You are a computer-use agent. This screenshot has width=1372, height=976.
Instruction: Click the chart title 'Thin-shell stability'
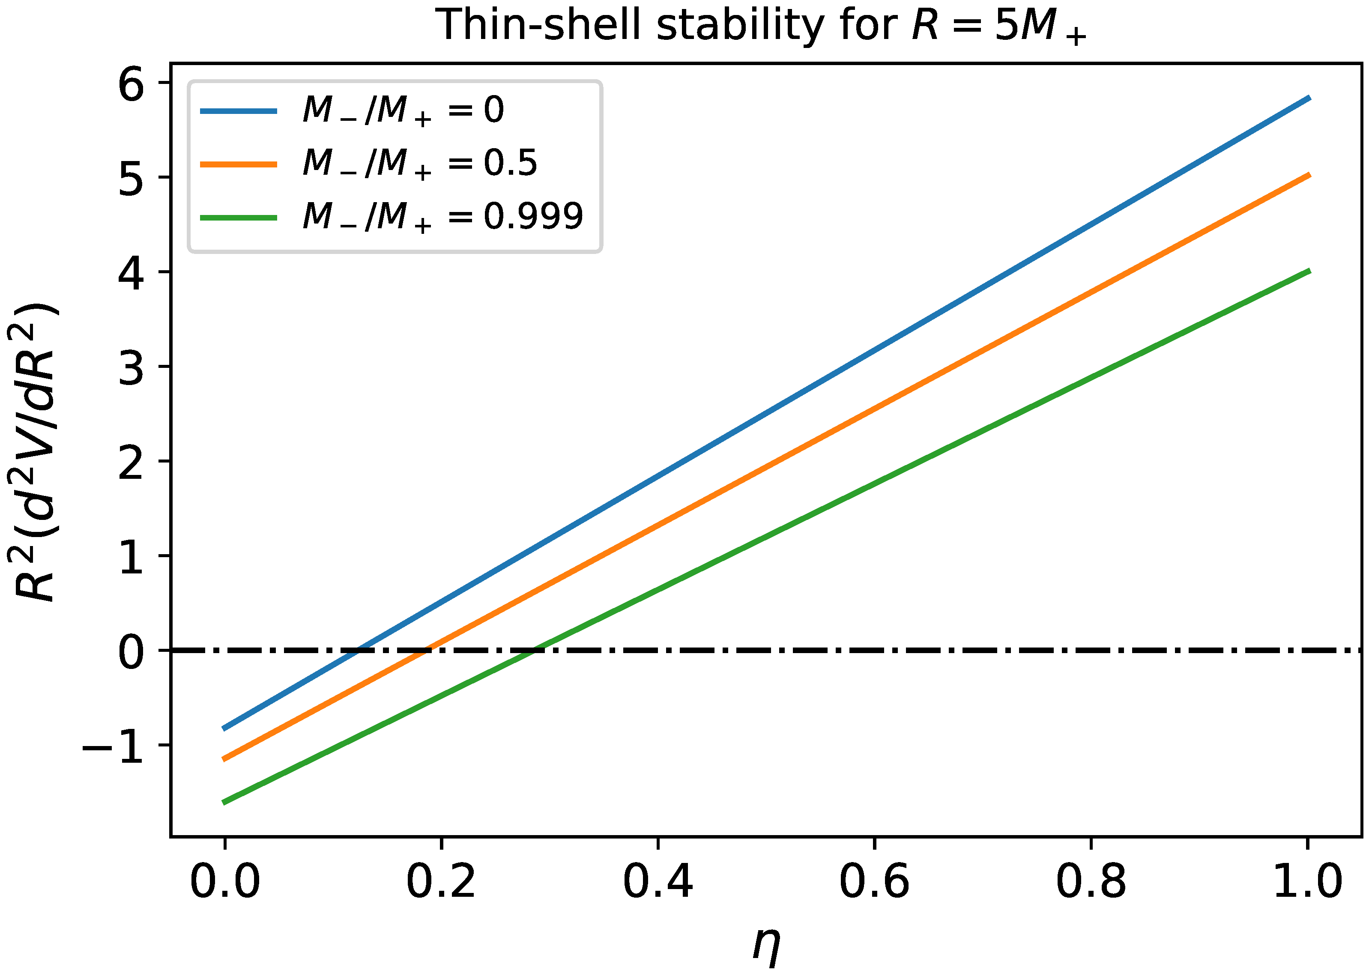tap(763, 25)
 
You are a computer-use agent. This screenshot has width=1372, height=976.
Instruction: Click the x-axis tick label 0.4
tap(658, 882)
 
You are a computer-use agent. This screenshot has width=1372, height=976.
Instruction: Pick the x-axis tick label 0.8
tap(1091, 882)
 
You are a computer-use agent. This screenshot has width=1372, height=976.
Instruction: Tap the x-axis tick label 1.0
tap(1307, 882)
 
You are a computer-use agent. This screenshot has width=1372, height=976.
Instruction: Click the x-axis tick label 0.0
tap(225, 882)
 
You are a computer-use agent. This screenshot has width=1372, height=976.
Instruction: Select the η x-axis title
tap(766, 943)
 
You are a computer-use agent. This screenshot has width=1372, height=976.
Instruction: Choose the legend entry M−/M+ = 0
tap(403, 111)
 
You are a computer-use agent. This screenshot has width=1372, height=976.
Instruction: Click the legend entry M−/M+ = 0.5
tap(419, 164)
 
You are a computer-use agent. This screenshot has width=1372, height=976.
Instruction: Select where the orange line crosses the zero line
tap(425, 650)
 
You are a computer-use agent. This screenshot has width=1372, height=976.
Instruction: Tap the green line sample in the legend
tap(239, 218)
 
